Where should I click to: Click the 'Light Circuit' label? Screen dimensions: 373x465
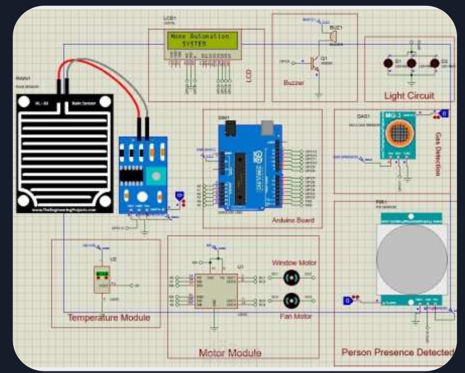409,96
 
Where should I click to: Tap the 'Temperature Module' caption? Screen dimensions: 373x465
109,318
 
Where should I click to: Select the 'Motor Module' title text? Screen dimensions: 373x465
230,352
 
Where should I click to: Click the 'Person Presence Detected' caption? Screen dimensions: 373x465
397,352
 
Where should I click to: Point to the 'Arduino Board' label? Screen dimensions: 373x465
293,220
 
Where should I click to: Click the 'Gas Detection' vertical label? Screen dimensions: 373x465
438,154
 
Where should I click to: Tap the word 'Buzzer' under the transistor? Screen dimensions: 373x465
293,83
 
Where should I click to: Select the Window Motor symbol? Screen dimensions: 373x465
292,277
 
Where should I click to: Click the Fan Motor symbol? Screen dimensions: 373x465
292,301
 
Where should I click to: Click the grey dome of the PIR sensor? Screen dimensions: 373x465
412,259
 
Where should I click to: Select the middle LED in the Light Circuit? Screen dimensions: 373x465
411,63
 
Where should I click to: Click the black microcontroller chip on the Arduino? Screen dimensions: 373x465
240,178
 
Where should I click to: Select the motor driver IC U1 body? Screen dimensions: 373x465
216,291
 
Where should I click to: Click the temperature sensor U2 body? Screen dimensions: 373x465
102,279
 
